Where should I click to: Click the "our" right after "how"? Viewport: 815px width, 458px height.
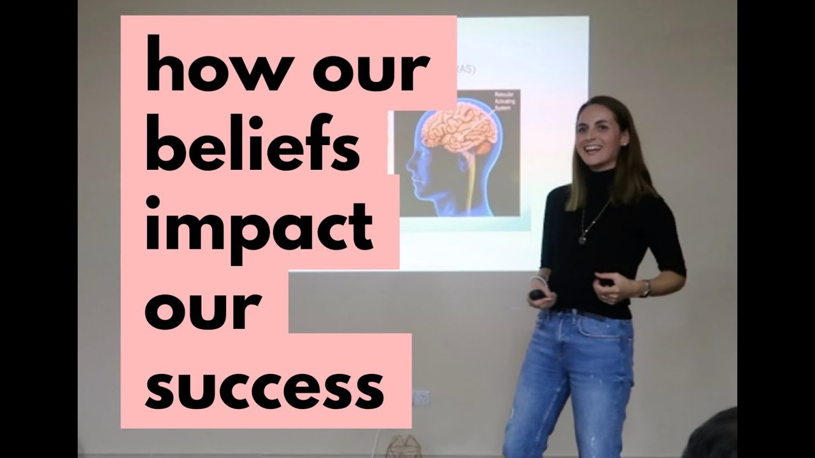click(371, 71)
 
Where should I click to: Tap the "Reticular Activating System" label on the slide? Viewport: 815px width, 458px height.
click(507, 102)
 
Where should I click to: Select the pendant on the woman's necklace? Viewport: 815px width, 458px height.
click(582, 239)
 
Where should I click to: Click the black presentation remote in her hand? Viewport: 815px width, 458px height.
click(537, 295)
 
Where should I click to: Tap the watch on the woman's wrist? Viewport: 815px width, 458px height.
click(646, 289)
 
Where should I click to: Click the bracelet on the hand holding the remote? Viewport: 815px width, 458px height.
click(538, 281)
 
